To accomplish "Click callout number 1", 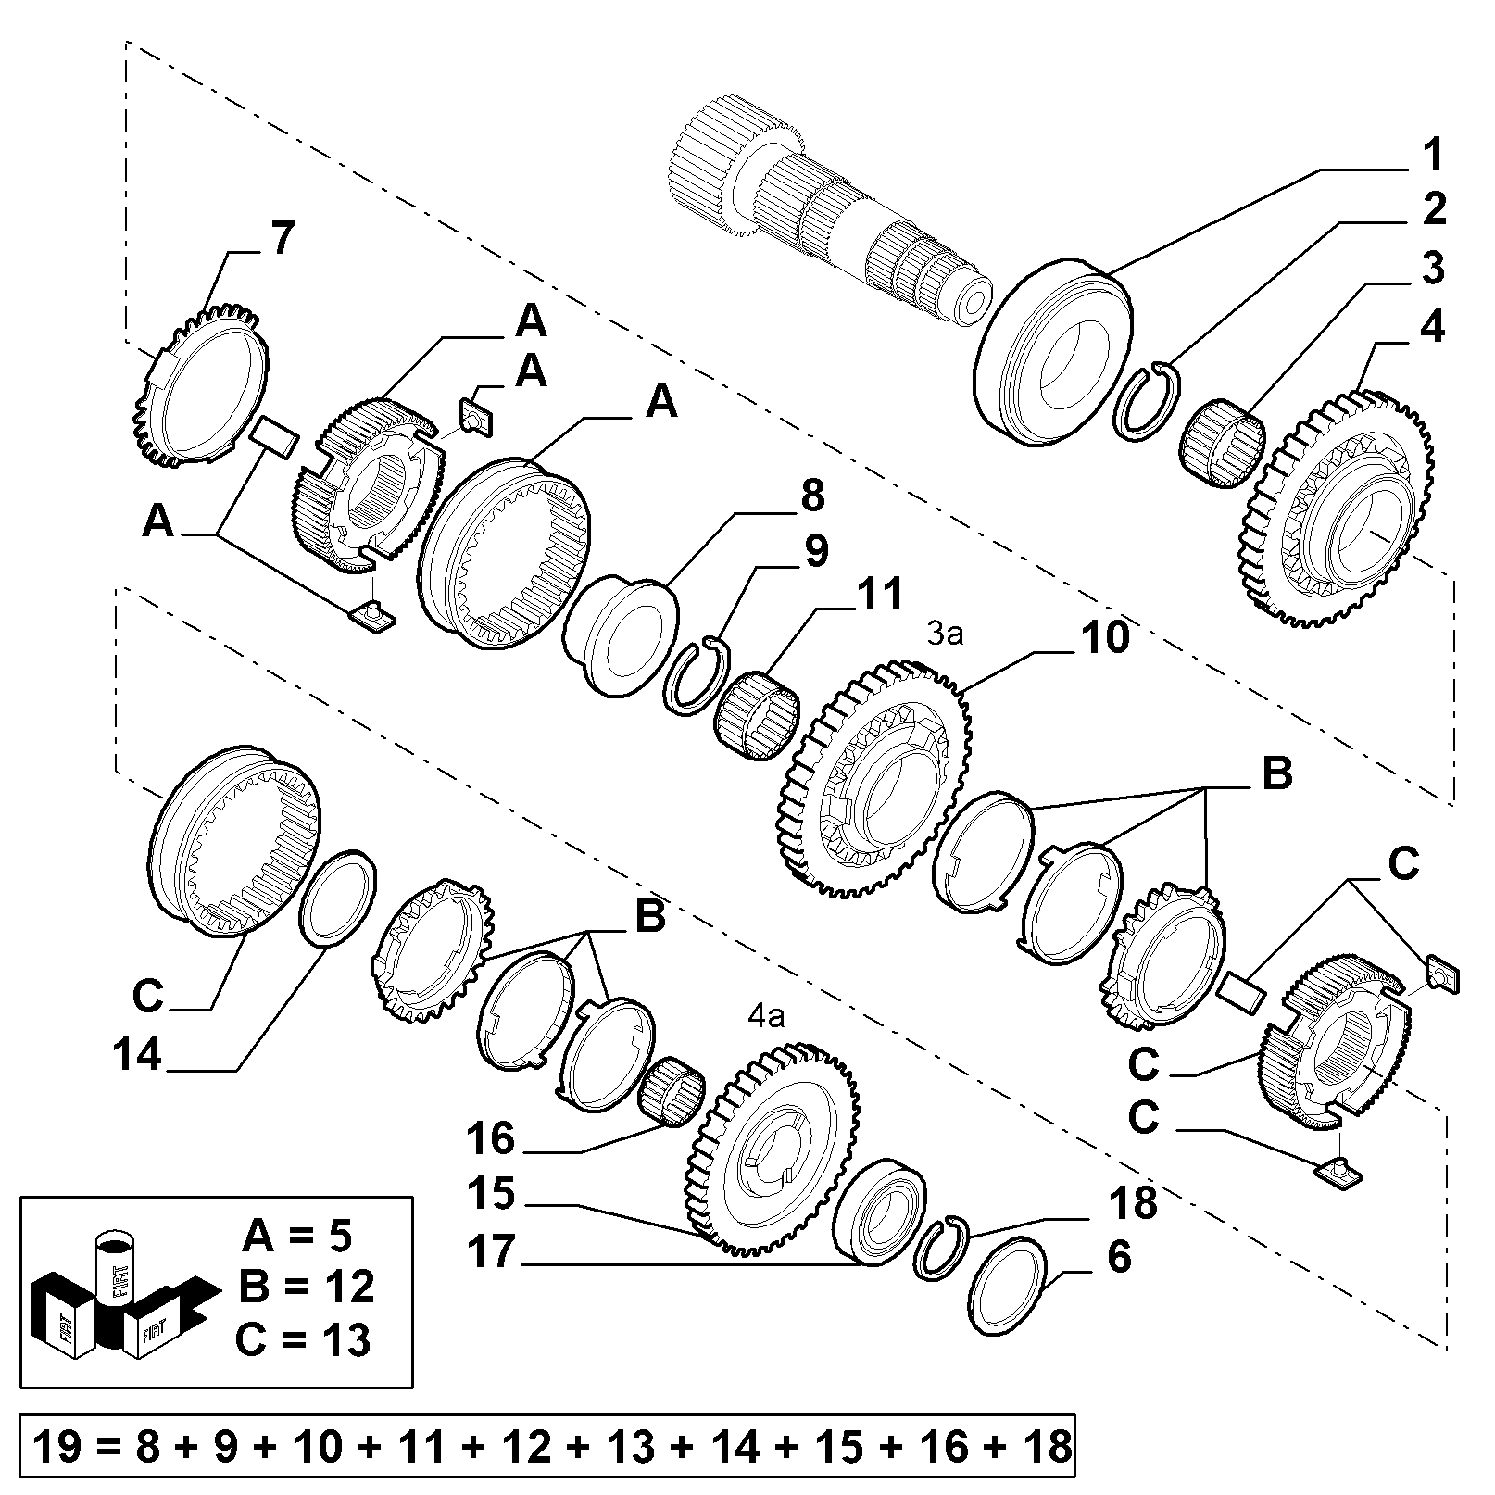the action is pos(1432,154).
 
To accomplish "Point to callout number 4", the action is pos(1432,327).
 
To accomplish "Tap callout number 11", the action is pos(878,595).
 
